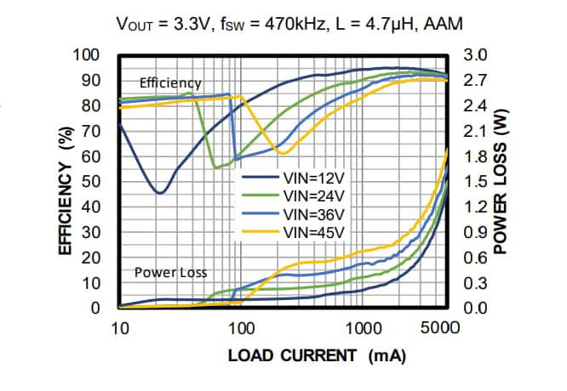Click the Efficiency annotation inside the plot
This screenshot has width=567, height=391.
[170, 83]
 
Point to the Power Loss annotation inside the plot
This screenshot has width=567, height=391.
[171, 273]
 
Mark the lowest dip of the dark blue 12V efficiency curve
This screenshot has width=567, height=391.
[159, 193]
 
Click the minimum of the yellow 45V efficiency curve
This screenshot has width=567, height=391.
[283, 153]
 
